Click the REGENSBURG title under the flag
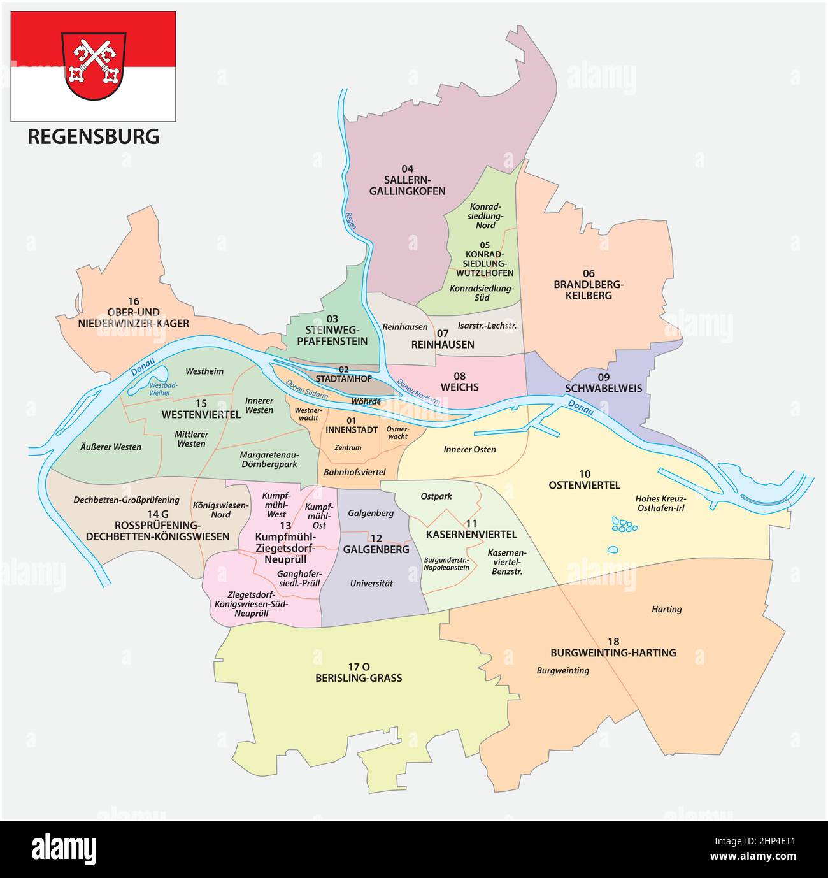(x=93, y=136)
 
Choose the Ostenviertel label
(x=584, y=479)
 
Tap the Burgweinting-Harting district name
(x=613, y=647)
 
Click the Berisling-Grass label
(x=359, y=672)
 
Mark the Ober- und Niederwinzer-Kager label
(x=133, y=317)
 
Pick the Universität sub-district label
(x=371, y=583)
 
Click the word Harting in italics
(x=666, y=609)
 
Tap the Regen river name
(x=349, y=219)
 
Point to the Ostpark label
(x=436, y=496)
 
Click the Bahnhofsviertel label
(x=355, y=473)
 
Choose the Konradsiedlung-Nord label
(x=486, y=216)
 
